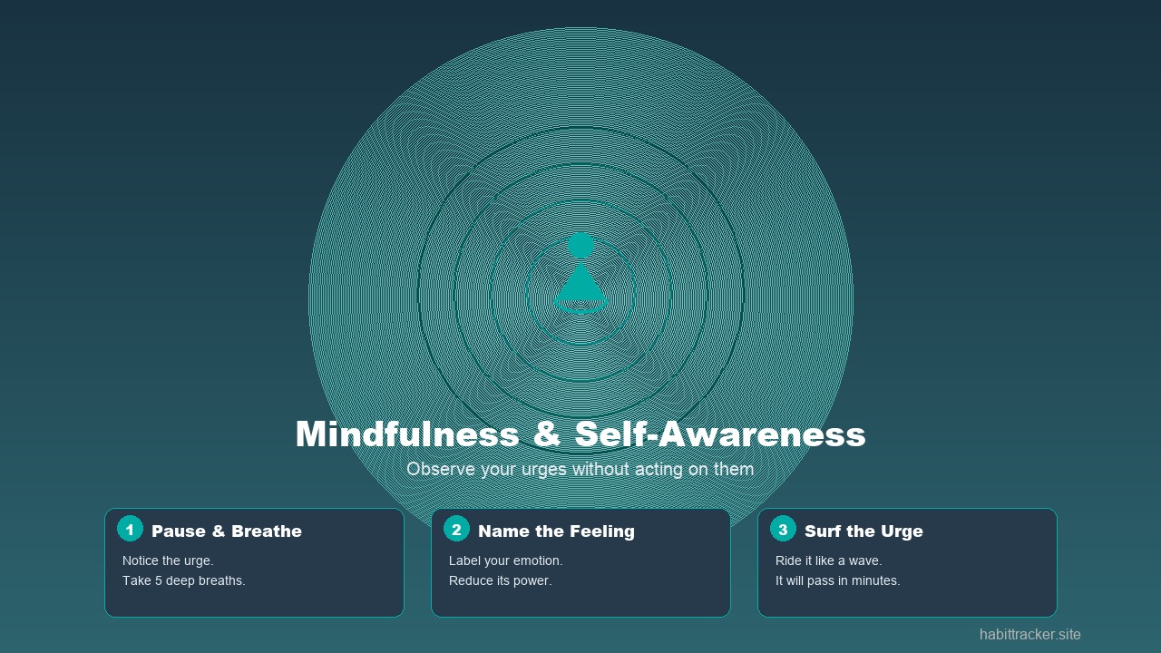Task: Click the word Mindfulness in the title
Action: click(x=406, y=434)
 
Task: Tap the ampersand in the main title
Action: click(x=547, y=434)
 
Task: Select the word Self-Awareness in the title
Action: click(x=720, y=434)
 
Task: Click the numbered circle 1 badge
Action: click(x=130, y=529)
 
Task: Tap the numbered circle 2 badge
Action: click(x=456, y=529)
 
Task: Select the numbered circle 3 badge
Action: click(x=783, y=529)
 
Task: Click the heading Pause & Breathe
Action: click(x=227, y=531)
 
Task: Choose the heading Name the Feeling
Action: click(x=556, y=531)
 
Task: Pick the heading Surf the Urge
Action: click(x=863, y=531)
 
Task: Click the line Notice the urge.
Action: click(x=168, y=560)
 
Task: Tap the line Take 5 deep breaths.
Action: click(x=184, y=580)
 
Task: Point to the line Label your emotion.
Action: click(x=506, y=560)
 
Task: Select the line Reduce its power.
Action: click(x=500, y=580)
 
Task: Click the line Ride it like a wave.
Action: click(x=828, y=560)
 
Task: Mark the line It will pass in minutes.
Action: click(x=837, y=580)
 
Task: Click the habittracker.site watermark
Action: click(x=1029, y=635)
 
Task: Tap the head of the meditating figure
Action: click(x=580, y=245)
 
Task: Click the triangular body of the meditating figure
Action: click(x=580, y=283)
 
